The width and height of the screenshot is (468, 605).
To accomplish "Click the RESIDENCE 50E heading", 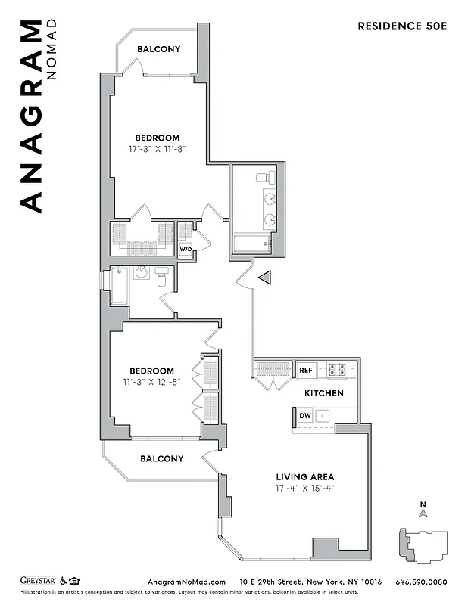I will click(403, 26).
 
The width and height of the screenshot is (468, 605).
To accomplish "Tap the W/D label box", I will click(186, 249).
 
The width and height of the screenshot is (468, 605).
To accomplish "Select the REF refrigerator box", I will click(305, 370).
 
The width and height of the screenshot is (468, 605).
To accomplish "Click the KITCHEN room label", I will click(324, 393).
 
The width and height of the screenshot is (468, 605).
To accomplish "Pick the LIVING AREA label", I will click(304, 477).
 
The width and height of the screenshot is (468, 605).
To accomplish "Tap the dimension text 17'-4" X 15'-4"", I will click(304, 489).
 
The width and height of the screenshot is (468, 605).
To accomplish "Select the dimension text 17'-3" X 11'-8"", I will click(158, 149).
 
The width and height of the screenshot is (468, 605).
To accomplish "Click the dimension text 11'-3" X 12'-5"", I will click(151, 382).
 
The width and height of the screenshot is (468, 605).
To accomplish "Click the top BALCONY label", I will click(158, 49).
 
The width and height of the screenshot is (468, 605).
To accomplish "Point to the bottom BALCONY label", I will click(161, 458).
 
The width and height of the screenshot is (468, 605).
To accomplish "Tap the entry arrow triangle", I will click(264, 278).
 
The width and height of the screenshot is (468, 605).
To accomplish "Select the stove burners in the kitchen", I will click(336, 370).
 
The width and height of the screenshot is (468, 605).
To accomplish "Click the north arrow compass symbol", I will click(423, 512).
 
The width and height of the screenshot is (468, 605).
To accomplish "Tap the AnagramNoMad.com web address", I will click(184, 582).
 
